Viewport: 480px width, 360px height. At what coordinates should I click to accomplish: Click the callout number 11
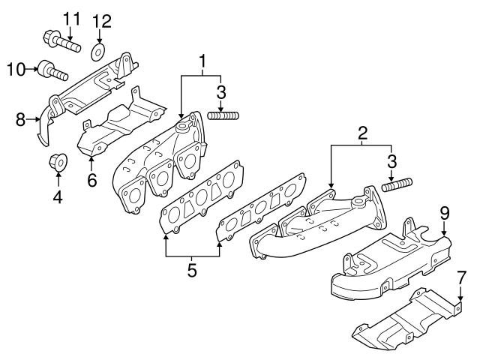point(70,17)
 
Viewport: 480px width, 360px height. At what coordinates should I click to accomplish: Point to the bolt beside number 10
point(53,73)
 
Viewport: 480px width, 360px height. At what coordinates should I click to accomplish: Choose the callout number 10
point(16,70)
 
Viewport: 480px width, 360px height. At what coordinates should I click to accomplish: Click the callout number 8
point(21,118)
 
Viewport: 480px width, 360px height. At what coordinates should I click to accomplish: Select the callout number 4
point(58,198)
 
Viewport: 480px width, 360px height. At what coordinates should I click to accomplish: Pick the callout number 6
point(91,180)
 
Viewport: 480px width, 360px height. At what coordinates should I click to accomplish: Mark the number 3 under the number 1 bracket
point(220,92)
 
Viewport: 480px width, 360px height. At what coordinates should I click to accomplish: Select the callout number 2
point(362,134)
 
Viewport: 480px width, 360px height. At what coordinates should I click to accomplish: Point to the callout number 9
point(444,214)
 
